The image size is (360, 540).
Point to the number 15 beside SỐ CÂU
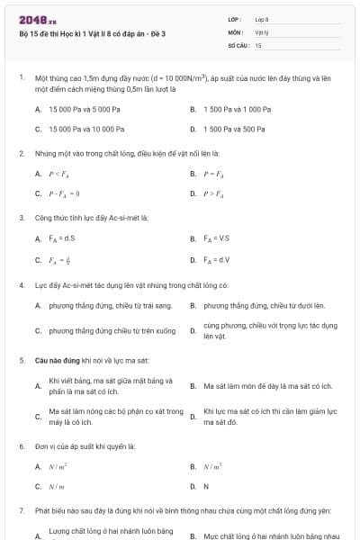click(259, 44)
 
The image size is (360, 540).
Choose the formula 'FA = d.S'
click(62, 238)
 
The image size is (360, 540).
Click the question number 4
click(21, 284)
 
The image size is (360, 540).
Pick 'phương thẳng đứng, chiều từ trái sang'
click(104, 306)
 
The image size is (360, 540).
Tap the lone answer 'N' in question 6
click(206, 487)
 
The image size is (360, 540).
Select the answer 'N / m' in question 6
click(57, 487)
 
